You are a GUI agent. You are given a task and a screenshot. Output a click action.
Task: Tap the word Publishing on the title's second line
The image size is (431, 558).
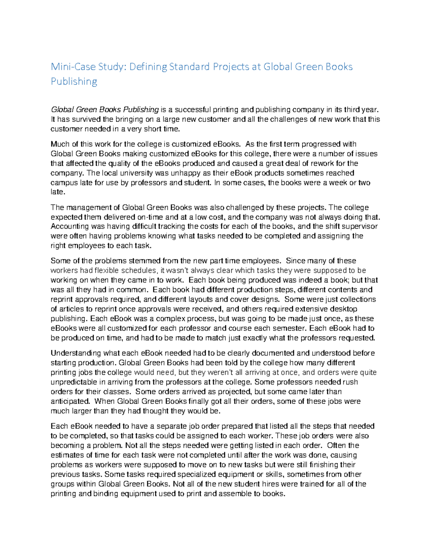(x=74, y=82)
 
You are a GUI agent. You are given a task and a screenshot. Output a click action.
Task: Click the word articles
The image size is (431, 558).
(x=71, y=309)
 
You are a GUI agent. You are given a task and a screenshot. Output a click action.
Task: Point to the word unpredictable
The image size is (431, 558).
(x=74, y=382)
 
